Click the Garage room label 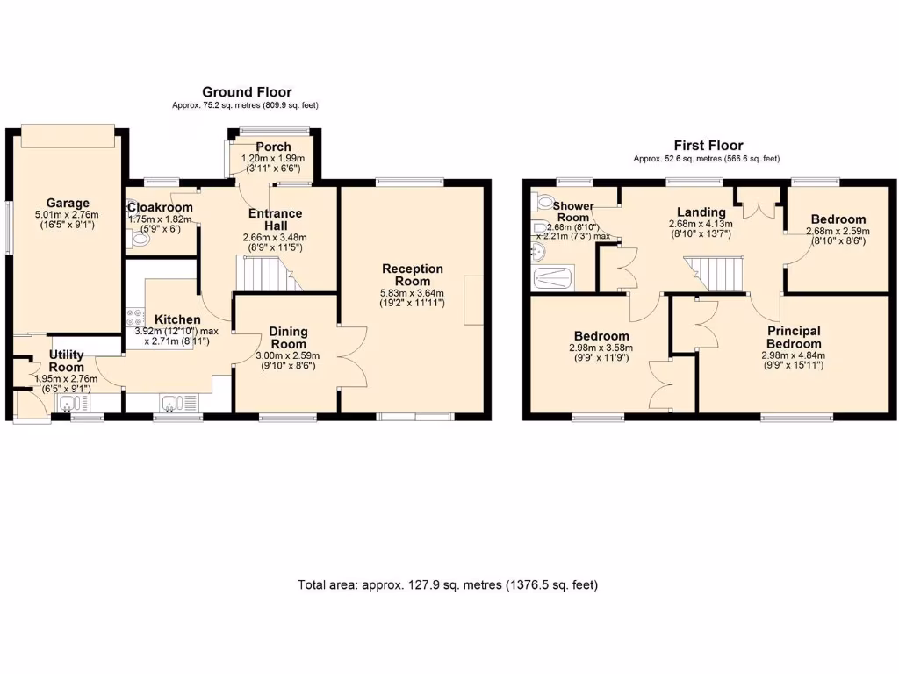(x=68, y=203)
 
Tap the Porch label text (x=273, y=147)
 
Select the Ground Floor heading (x=247, y=92)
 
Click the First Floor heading (x=708, y=146)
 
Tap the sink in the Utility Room (x=69, y=403)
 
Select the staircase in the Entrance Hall (x=263, y=274)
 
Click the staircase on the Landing (x=714, y=273)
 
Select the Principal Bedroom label (x=793, y=337)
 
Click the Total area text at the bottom (x=448, y=584)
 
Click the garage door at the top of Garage (x=68, y=138)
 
